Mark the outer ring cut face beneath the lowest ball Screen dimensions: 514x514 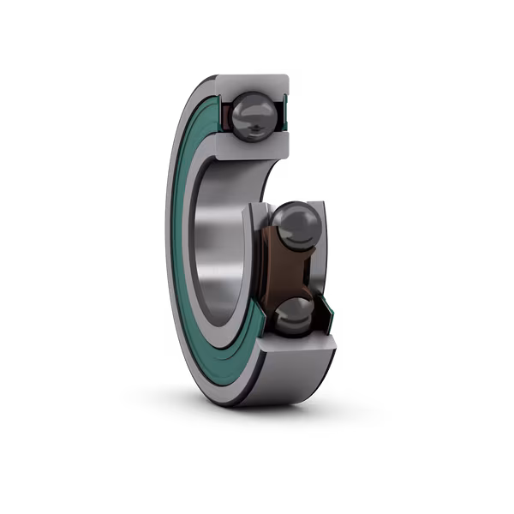300,344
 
